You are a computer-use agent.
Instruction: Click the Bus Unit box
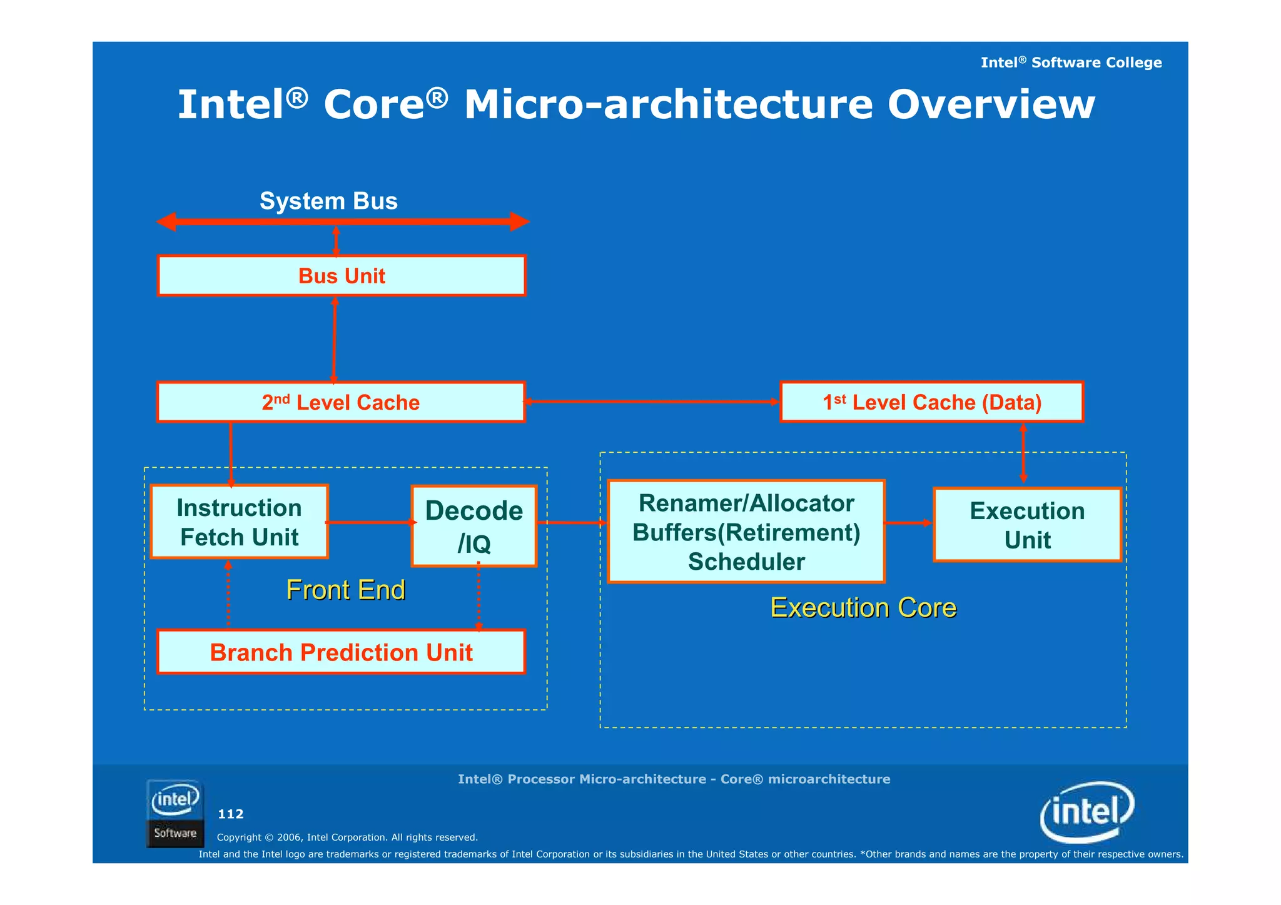pos(342,276)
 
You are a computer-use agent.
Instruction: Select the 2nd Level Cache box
pos(341,402)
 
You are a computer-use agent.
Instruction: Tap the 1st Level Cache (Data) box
pos(932,402)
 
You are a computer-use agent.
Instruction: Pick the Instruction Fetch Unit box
pos(240,522)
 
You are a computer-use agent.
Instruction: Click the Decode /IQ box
pos(474,527)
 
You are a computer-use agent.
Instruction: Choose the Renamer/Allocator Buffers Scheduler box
pos(746,532)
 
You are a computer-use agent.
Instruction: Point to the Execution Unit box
pos(1027,525)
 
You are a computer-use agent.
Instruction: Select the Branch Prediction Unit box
pos(341,652)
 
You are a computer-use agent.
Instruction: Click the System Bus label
pos(328,201)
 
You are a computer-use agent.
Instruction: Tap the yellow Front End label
pos(346,590)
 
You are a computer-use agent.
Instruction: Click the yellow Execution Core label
pos(863,608)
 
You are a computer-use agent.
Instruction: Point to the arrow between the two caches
pos(652,402)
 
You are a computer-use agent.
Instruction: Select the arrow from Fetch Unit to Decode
pos(370,522)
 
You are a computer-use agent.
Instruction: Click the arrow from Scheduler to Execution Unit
pos(909,523)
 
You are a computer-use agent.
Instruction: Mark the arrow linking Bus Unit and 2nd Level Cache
pos(334,339)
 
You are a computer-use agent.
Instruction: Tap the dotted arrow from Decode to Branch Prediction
pos(478,598)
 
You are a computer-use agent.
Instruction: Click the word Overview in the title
pos(991,104)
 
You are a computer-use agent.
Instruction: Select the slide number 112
pos(231,814)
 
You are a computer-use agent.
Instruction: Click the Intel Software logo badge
pos(175,814)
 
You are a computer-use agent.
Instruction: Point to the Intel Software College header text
pos(1071,63)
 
